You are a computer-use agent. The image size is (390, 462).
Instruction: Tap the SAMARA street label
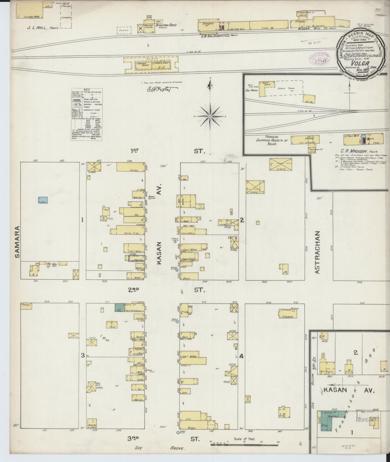point(18,241)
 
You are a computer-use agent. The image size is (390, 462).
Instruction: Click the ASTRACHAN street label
point(317,252)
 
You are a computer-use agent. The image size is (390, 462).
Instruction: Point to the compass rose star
point(210,116)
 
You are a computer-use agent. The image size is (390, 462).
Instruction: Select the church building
point(288,314)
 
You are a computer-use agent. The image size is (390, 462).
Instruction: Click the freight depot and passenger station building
point(153,65)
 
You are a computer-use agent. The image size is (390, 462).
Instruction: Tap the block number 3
point(83,356)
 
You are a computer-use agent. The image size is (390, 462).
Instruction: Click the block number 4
point(242,356)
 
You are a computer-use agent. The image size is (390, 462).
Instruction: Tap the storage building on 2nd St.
point(26,305)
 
